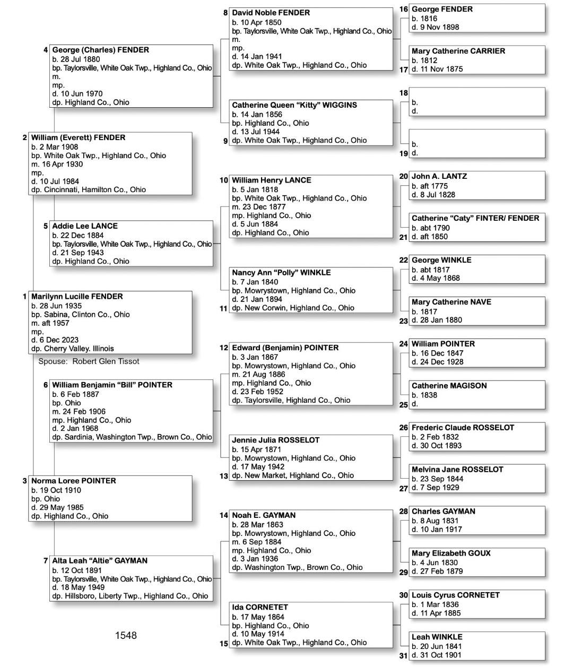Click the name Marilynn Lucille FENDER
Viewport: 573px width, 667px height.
pos(77,297)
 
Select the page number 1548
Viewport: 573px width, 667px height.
pos(126,636)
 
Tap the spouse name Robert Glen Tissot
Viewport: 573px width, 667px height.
pos(106,361)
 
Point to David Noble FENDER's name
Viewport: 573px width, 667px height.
pos(271,13)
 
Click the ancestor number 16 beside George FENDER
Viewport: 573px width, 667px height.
pos(404,9)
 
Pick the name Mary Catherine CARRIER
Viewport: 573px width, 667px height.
pos(458,51)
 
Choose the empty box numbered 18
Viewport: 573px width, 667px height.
pos(476,101)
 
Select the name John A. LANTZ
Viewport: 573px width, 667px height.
pos(439,176)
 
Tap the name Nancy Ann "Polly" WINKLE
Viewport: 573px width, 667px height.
pos(281,273)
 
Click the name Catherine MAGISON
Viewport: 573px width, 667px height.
pos(449,386)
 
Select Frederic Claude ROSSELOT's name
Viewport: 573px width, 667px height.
pos(463,428)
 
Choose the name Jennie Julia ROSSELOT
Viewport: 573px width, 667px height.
pos(275,440)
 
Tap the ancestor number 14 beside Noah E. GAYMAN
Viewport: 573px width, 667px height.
pos(224,515)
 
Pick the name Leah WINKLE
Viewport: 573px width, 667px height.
pos(437,637)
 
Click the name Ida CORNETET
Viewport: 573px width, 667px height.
pos(260,607)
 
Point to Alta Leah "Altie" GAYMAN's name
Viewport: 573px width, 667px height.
pos(100,560)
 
